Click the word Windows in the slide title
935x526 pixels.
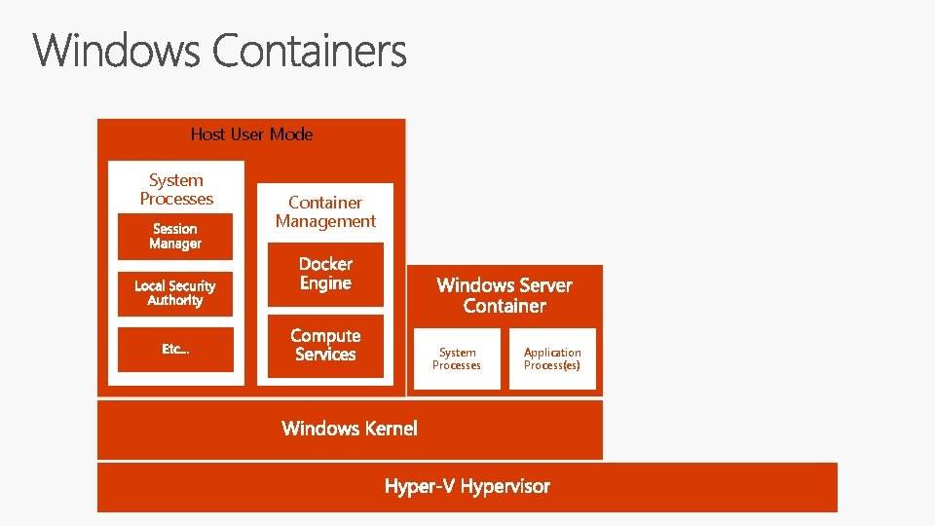tap(117, 51)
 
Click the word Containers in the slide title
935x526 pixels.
tap(309, 51)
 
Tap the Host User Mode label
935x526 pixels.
tap(251, 134)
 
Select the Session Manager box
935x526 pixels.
tap(175, 237)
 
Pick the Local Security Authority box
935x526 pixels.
tap(175, 293)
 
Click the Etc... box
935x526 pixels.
tap(175, 349)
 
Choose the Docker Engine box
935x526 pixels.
tap(325, 274)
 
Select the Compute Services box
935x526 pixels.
tap(325, 346)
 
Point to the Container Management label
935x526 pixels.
tap(325, 211)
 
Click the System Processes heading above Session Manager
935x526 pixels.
tap(176, 189)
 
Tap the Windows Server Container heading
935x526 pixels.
tap(505, 295)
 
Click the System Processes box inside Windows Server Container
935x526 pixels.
tap(457, 358)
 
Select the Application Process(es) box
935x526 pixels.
tap(552, 358)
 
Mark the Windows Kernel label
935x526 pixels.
tap(349, 429)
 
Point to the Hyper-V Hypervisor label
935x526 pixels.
tap(467, 486)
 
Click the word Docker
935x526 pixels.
tap(325, 264)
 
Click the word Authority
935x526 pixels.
tap(175, 301)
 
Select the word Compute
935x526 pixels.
tap(325, 336)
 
